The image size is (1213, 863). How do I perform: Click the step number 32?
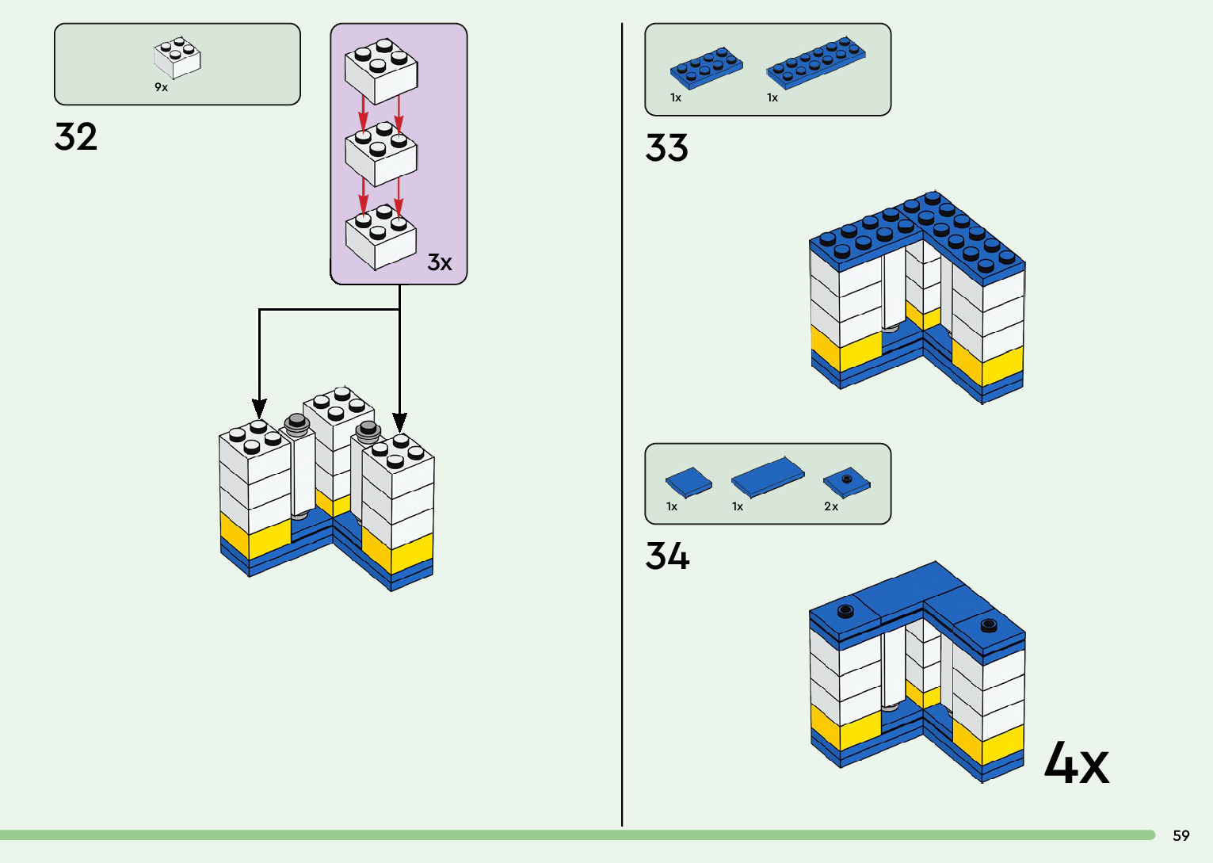point(76,137)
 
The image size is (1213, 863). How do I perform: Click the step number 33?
point(666,148)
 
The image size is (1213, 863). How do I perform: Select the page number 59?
point(1181,835)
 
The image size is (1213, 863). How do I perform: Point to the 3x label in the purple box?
point(439,262)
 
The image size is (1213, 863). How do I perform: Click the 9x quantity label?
point(161,87)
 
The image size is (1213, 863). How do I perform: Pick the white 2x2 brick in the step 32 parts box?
point(177,59)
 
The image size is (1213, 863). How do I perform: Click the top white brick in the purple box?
point(381,71)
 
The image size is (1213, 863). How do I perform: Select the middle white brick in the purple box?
point(381,154)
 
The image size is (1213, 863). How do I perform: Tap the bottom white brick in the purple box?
point(381,237)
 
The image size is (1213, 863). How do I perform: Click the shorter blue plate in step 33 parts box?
point(706,67)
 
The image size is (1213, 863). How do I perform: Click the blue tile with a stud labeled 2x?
point(846,481)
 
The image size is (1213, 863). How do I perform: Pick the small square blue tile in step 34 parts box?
point(688,482)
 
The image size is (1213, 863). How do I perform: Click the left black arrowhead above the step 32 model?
point(259,407)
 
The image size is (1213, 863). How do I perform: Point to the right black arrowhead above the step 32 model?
point(399,422)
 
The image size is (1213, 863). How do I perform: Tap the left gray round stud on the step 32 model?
point(297,422)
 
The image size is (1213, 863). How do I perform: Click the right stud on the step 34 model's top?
point(988,625)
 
